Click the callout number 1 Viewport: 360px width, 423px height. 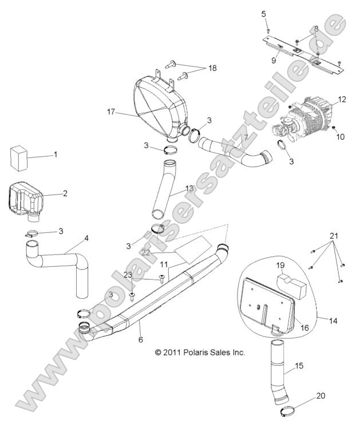(55, 155)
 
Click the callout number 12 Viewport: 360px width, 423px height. (342, 100)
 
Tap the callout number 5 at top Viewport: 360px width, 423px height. (264, 13)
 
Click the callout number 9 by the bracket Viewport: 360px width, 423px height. (274, 60)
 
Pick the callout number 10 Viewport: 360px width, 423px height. (342, 137)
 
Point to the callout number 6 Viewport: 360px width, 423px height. (140, 339)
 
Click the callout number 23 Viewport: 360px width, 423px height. (128, 275)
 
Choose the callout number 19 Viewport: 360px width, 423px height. (280, 265)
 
